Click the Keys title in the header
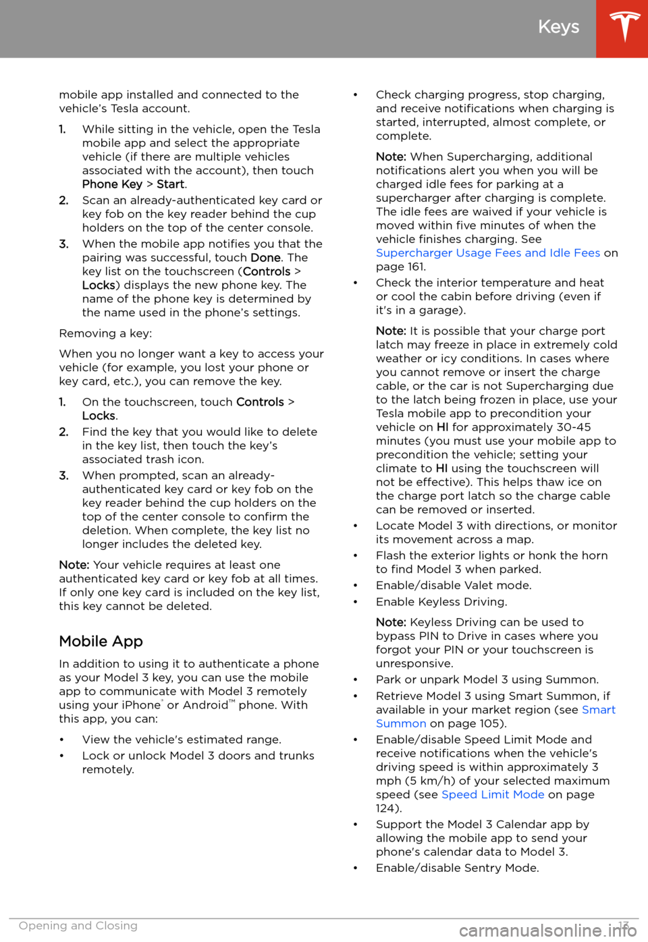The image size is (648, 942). tap(558, 27)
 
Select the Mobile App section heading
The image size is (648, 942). tap(101, 641)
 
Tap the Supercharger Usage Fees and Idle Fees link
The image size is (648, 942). tap(487, 253)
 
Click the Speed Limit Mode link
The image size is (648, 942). tap(493, 794)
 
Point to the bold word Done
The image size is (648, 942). tap(265, 258)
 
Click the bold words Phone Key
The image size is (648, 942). tap(112, 184)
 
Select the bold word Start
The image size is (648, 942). tap(171, 184)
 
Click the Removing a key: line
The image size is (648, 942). tap(105, 333)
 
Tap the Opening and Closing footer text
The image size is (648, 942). tap(78, 926)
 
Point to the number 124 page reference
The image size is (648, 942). tap(387, 808)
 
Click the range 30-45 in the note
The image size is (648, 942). tap(574, 427)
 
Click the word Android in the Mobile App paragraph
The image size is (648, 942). tap(205, 705)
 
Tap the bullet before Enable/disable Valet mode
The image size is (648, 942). tap(356, 586)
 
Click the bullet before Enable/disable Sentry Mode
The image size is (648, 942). tap(356, 868)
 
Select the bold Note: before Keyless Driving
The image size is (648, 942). tap(391, 622)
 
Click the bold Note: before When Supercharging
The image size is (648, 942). tap(391, 157)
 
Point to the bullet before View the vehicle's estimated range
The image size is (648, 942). tap(62, 740)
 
